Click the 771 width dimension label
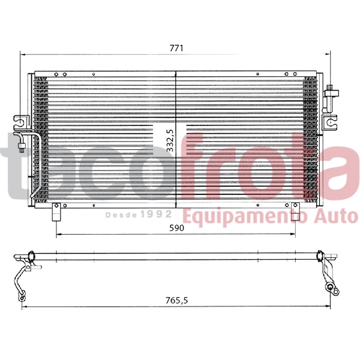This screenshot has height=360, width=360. [176, 47]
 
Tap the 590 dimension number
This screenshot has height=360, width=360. [176, 227]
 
